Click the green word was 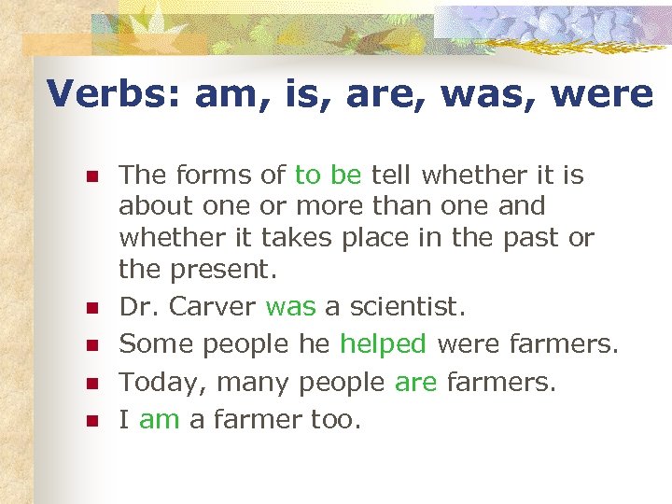[290, 306]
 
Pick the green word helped [383, 343]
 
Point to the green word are [415, 382]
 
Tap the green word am [160, 420]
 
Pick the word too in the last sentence [334, 420]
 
